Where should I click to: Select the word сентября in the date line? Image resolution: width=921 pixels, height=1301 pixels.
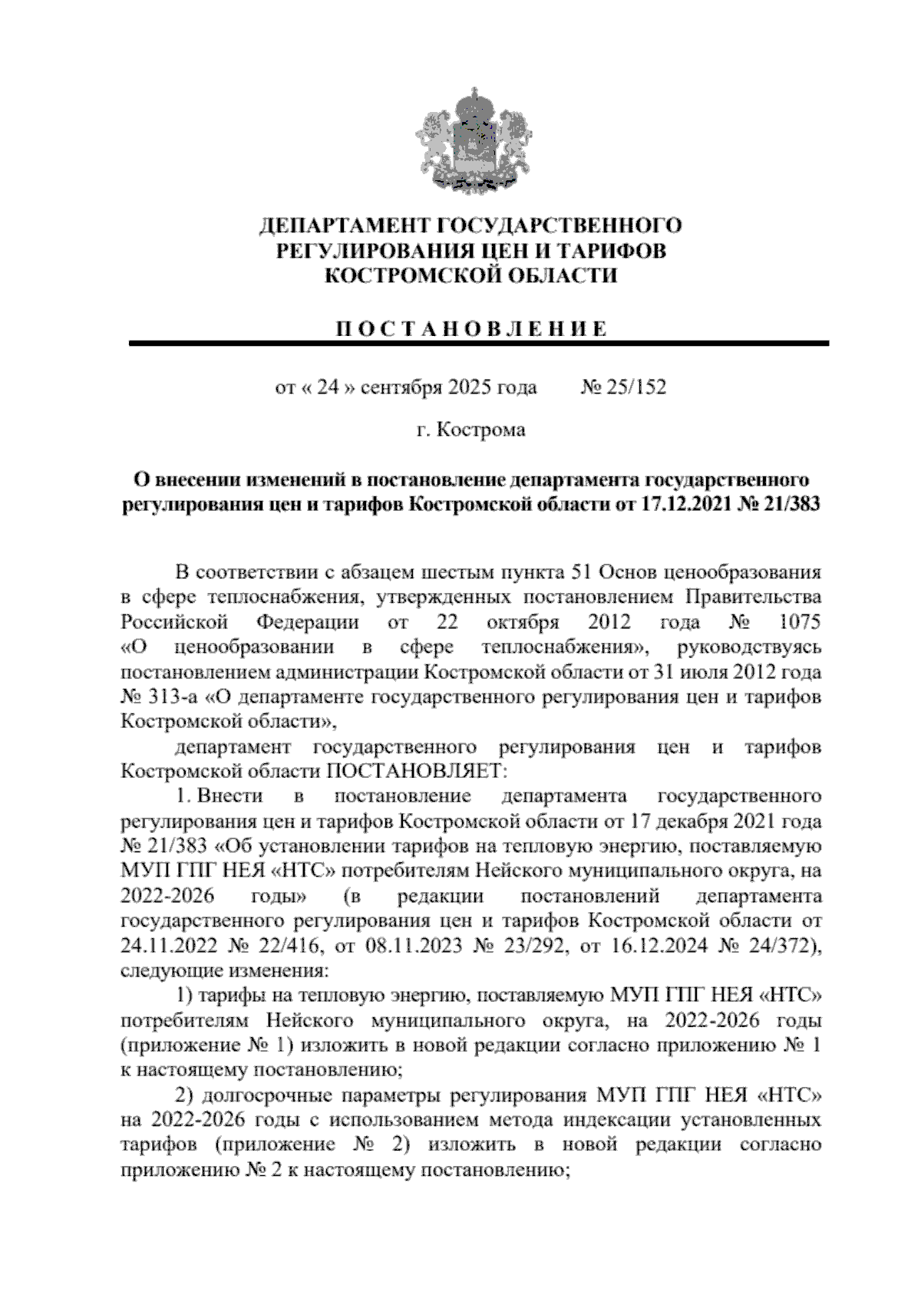tap(397, 387)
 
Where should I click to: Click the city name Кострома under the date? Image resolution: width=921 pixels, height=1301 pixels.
tap(481, 430)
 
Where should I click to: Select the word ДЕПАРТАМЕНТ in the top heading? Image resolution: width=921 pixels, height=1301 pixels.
tap(345, 226)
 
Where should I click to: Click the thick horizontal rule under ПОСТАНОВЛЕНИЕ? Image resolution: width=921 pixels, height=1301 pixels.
tap(478, 344)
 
